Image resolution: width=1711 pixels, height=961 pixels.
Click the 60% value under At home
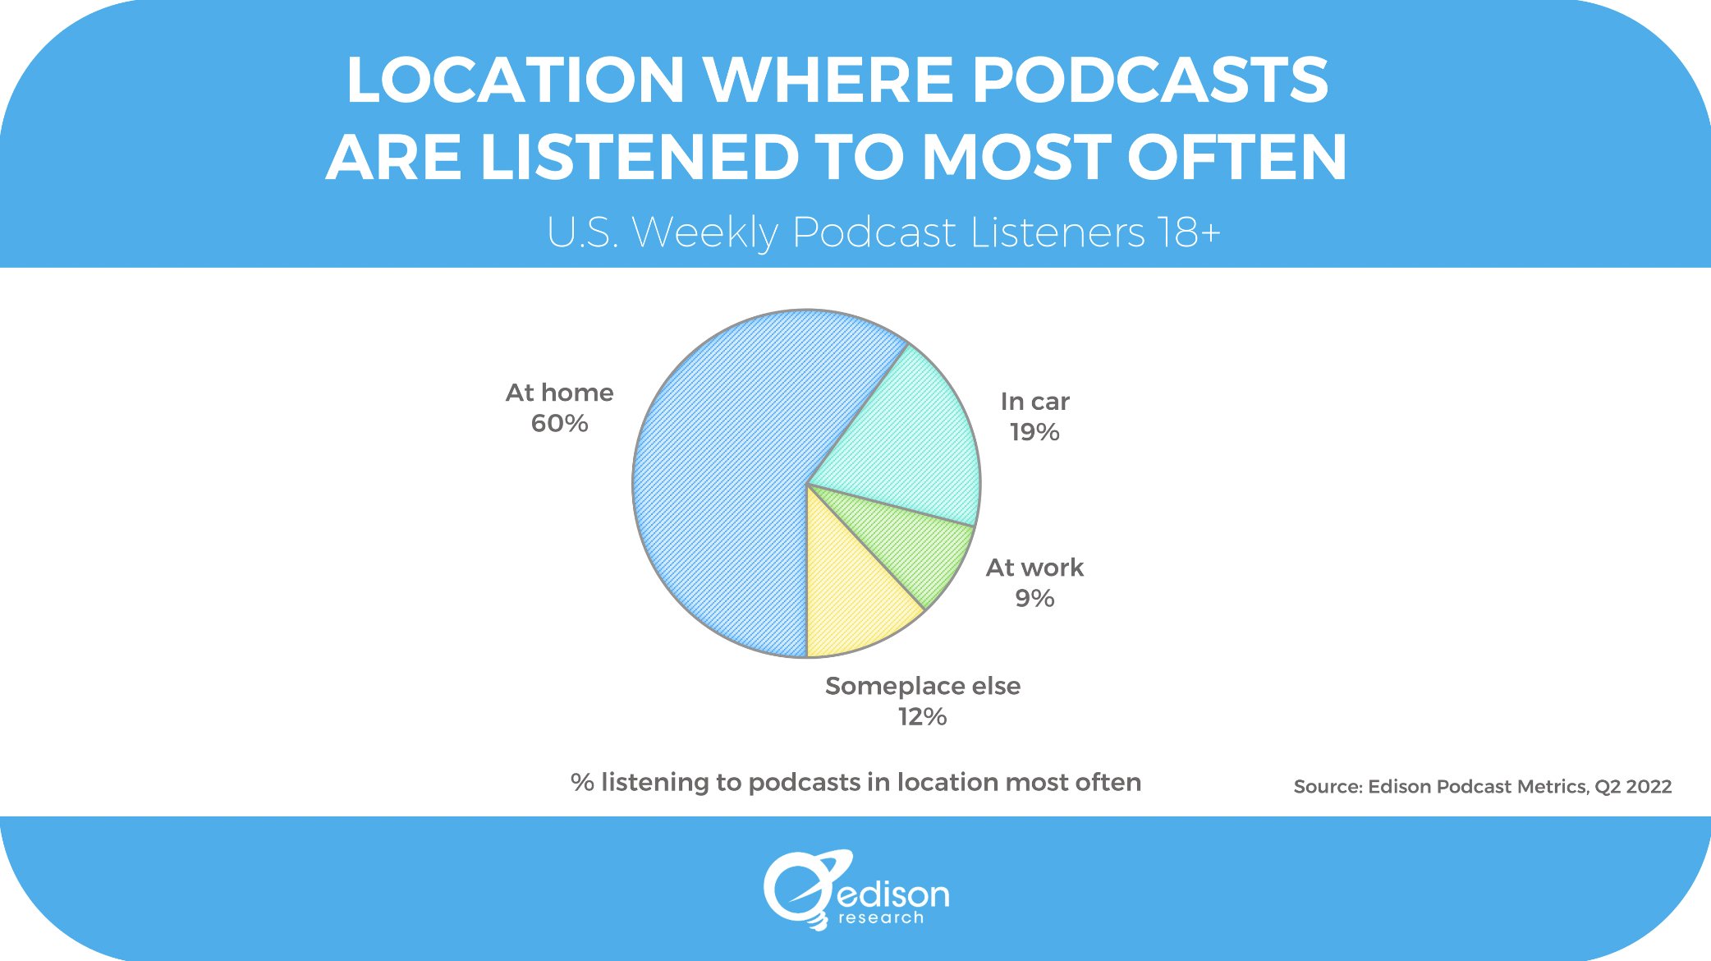[559, 424]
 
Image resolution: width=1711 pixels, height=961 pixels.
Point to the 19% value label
[1034, 432]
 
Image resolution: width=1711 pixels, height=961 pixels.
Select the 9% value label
[1034, 598]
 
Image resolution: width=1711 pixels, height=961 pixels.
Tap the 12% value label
[922, 717]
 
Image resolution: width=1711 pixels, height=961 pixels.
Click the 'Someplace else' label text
[922, 686]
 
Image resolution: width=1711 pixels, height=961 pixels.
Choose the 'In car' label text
[1034, 402]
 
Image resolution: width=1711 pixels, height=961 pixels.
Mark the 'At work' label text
[1034, 568]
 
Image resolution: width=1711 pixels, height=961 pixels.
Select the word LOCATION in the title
[515, 80]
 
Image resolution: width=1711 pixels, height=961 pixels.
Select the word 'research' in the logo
[880, 917]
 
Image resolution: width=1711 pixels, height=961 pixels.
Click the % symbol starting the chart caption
[582, 782]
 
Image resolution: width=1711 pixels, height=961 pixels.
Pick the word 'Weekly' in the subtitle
[704, 232]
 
